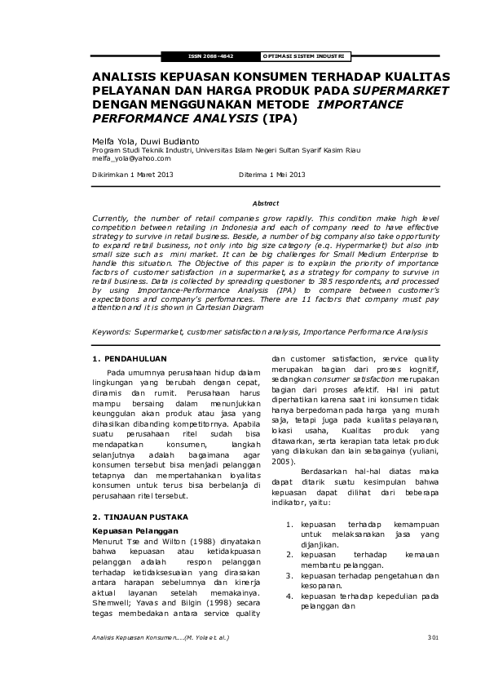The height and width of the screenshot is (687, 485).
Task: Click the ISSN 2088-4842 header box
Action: (x=210, y=56)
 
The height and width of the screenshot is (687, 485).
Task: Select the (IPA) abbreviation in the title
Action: (x=280, y=118)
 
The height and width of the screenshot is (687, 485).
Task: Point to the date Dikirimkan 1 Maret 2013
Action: (x=132, y=175)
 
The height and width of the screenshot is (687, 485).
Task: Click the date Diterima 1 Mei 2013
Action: (x=271, y=175)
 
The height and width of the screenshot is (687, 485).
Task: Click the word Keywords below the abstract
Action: (x=112, y=332)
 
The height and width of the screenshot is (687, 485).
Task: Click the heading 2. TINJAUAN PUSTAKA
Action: (x=140, y=517)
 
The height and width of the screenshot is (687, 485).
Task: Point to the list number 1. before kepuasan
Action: (x=290, y=525)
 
